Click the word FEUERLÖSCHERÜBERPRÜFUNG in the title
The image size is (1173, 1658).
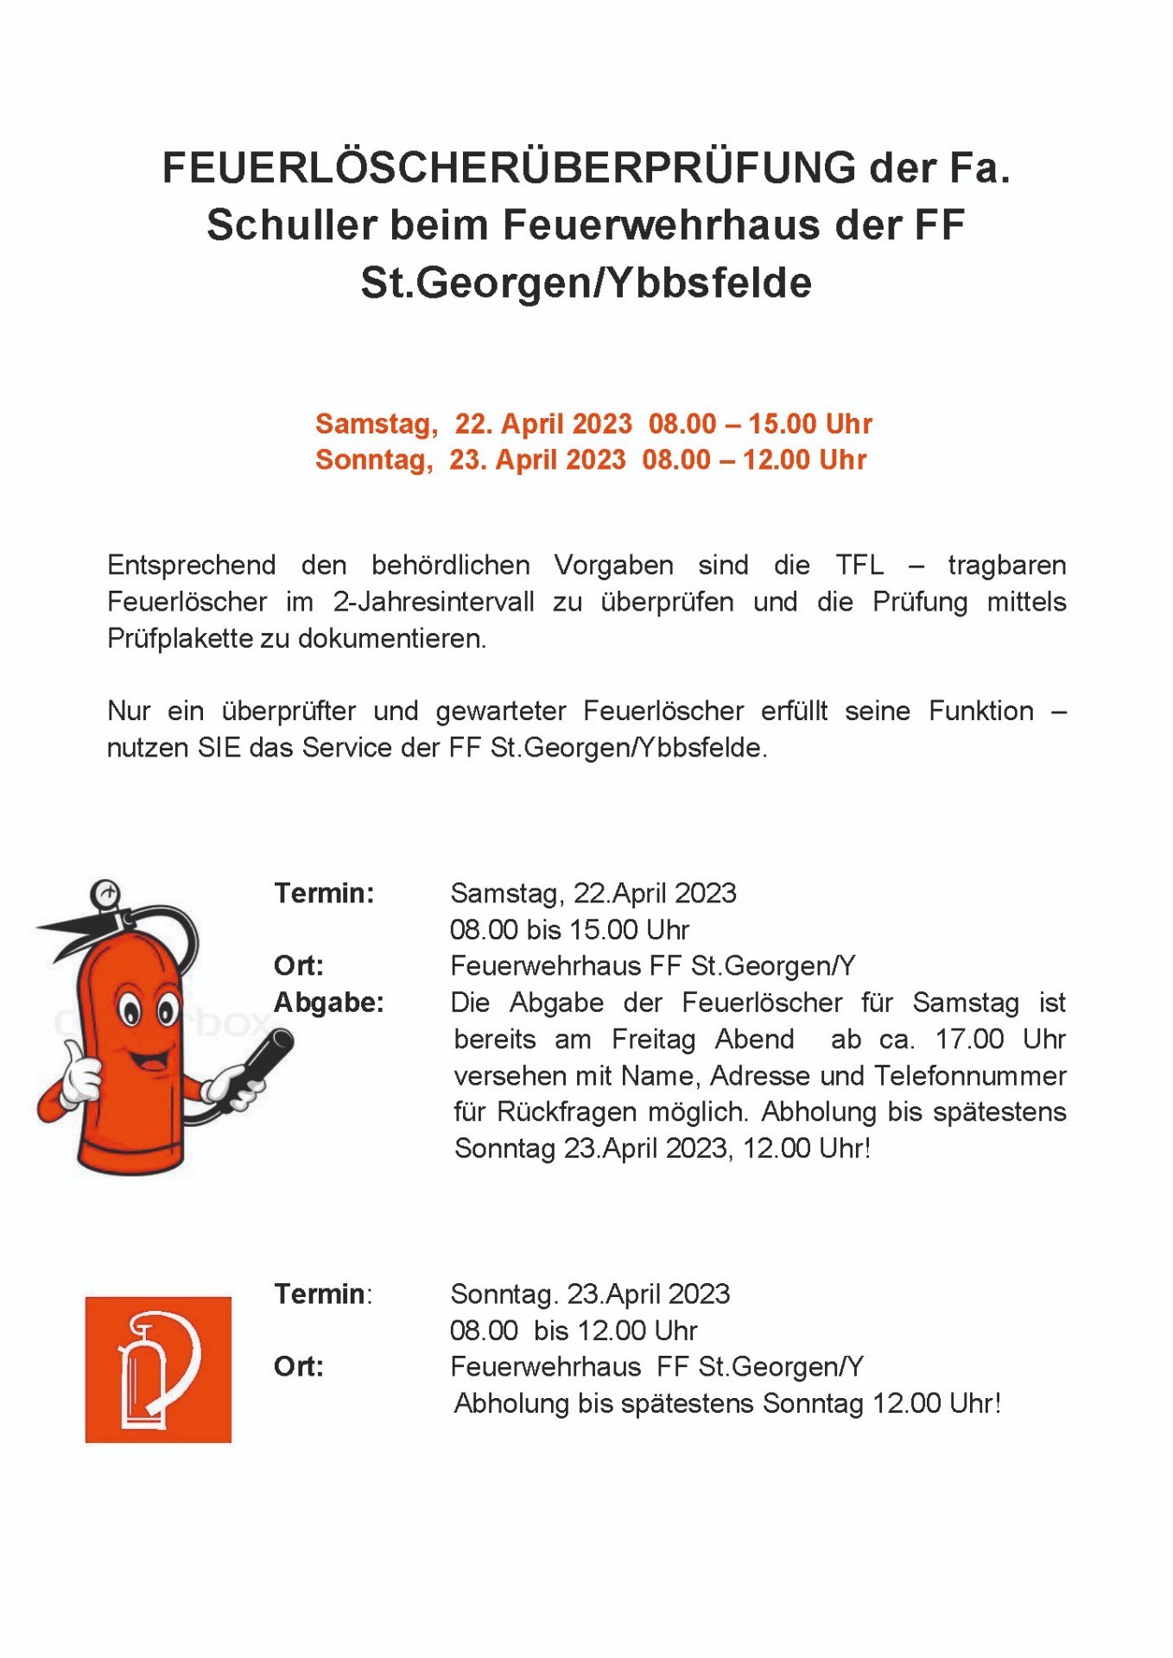tap(509, 168)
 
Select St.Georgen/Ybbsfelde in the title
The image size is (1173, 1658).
tap(586, 283)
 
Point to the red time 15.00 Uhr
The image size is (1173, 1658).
tap(810, 424)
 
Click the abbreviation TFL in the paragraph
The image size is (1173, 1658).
tap(859, 566)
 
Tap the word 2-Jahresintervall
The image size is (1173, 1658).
tap(434, 602)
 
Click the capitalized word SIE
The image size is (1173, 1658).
tap(219, 748)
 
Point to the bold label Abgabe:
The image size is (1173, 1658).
tap(329, 1003)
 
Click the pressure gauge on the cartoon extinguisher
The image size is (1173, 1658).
tap(105, 894)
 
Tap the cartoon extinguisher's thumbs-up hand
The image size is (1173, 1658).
tap(79, 1073)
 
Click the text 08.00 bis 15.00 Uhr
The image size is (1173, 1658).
tap(569, 930)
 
